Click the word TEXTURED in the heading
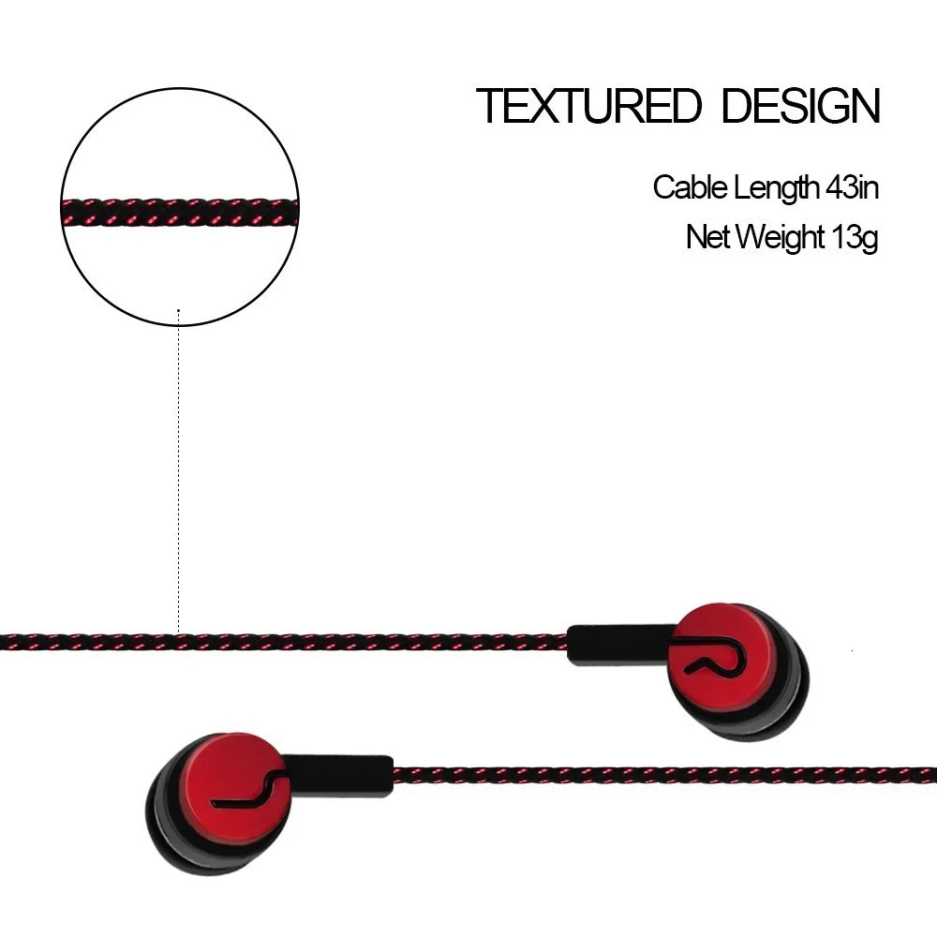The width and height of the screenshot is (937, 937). [587, 106]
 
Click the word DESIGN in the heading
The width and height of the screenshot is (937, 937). [800, 106]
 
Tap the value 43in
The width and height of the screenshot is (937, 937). [851, 187]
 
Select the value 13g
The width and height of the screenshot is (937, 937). [854, 237]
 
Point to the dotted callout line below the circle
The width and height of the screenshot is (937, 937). [178, 468]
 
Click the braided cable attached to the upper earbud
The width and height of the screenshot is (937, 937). [281, 643]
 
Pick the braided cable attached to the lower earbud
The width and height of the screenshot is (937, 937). [656, 776]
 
